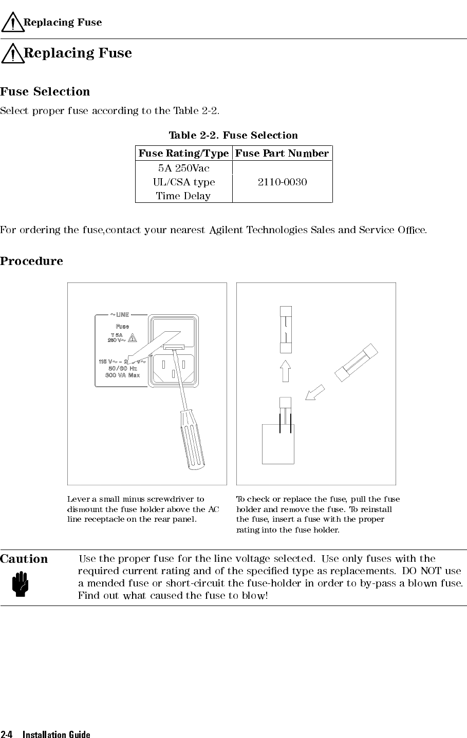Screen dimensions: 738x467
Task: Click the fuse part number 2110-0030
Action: click(x=282, y=182)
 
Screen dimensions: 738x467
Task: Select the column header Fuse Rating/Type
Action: click(x=183, y=153)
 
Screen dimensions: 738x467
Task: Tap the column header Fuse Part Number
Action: click(x=282, y=153)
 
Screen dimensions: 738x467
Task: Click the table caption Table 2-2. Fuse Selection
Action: click(x=233, y=136)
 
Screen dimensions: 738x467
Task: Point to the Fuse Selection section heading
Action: click(x=45, y=92)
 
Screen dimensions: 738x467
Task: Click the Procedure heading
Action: click(x=32, y=261)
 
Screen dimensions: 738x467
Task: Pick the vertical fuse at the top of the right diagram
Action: click(x=286, y=329)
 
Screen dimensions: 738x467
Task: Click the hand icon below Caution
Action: click(x=23, y=584)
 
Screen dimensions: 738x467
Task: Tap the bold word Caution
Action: click(x=24, y=559)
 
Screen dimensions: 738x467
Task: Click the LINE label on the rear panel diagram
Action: click(x=122, y=314)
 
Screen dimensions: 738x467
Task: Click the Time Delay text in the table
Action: click(x=183, y=196)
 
